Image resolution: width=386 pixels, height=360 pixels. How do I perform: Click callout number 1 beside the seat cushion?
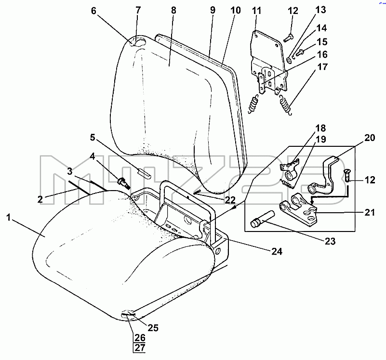coord(9,218)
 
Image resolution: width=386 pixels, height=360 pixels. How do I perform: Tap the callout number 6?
coord(94,11)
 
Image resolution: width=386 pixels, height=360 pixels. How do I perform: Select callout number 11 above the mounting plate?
coord(256,11)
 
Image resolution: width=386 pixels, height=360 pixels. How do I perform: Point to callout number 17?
coord(322,66)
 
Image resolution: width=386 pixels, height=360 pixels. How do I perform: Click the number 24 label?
coord(277,251)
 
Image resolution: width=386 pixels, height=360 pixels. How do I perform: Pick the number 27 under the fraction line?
coord(140,347)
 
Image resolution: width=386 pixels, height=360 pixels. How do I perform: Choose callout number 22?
coord(230,200)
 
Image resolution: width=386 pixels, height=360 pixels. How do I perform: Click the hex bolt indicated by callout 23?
coord(263,219)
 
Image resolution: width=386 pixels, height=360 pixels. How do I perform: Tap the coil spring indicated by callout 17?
coord(286,105)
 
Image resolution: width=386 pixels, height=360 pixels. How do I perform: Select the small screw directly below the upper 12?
coord(289,38)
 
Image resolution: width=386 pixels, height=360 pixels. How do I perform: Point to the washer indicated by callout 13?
coord(289,60)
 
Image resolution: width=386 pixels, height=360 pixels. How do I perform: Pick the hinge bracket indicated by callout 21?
coord(299,208)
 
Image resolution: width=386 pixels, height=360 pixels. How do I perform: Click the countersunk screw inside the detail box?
coord(347,175)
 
